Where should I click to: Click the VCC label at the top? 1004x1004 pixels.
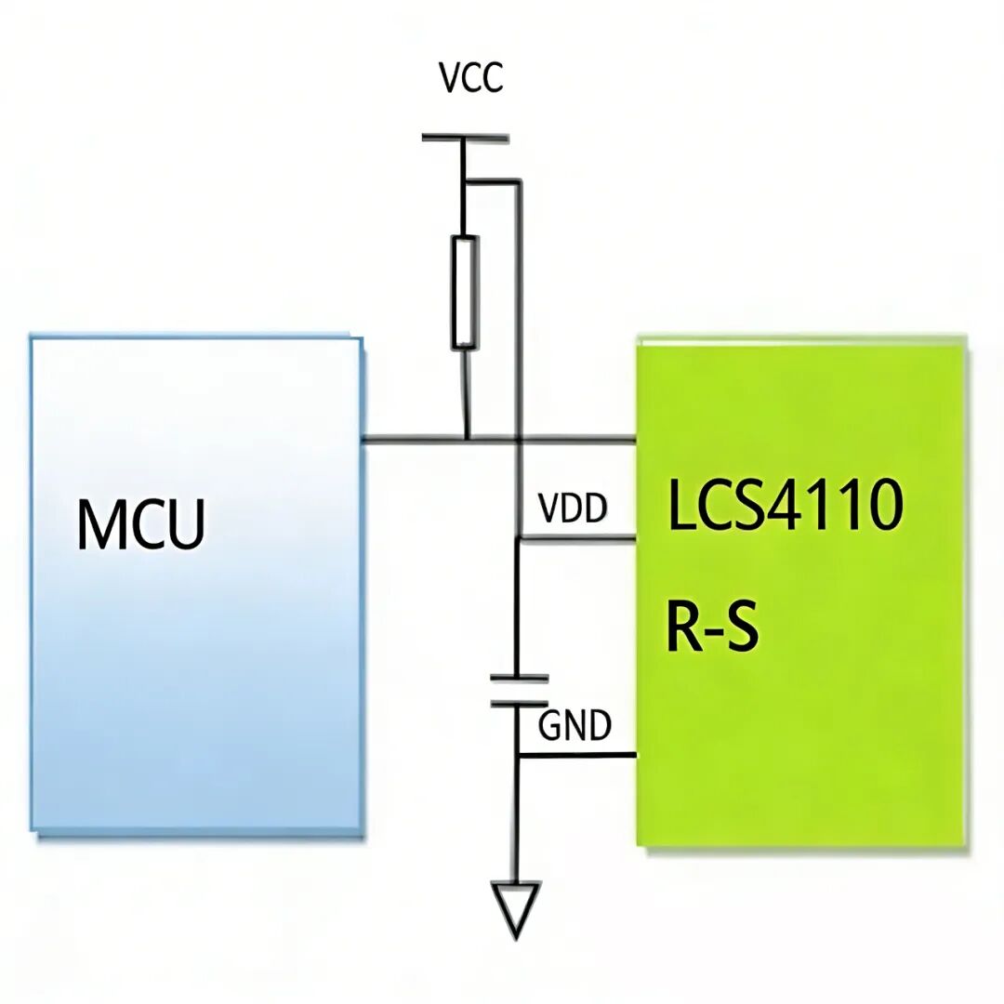click(x=471, y=78)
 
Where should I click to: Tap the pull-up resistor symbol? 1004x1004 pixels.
click(x=466, y=292)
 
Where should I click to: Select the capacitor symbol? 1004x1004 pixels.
click(x=519, y=691)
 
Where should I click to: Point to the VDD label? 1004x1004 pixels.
click(x=573, y=509)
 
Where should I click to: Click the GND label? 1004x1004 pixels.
click(x=575, y=726)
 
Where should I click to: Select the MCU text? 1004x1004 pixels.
click(x=140, y=524)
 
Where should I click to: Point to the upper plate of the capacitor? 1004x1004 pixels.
click(x=519, y=678)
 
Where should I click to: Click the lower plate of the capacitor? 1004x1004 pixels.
click(x=519, y=704)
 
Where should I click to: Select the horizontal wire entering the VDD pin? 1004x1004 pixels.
click(x=577, y=537)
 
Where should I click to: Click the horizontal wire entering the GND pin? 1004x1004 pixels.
click(x=577, y=755)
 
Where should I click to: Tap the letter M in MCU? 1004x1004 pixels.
click(x=100, y=524)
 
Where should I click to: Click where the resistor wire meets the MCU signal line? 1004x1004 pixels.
click(x=466, y=439)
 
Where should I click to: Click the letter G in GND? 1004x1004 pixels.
click(x=549, y=726)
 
